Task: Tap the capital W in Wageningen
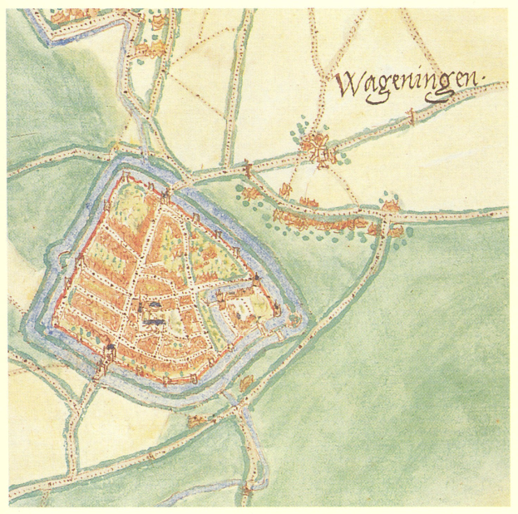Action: tap(348, 83)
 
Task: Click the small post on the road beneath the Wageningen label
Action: tap(410, 121)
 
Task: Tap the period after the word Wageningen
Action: tap(484, 82)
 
